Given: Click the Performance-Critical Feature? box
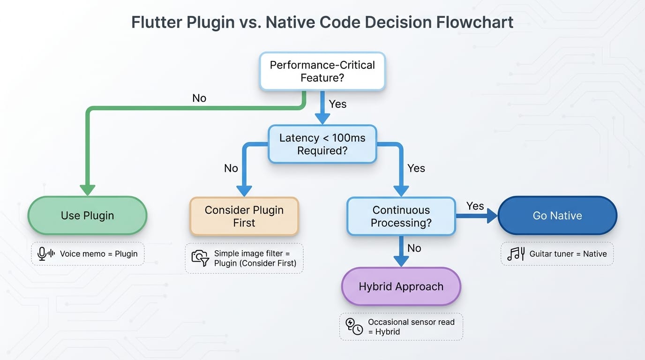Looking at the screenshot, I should (322, 71).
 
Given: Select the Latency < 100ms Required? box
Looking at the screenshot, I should (322, 144).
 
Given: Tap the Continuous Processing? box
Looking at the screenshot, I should (401, 216).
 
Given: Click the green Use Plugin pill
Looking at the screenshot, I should (87, 216).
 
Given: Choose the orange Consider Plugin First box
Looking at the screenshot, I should (244, 216).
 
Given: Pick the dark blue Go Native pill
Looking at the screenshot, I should (557, 216).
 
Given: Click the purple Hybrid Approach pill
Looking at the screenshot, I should (401, 286).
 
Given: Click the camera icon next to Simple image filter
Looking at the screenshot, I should (200, 258).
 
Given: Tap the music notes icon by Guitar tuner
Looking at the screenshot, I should (516, 254).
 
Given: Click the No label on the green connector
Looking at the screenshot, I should (199, 98).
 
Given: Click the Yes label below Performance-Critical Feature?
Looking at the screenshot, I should (337, 104).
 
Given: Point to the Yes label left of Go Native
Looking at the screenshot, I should (475, 206).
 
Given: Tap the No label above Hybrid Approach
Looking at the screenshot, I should (414, 248).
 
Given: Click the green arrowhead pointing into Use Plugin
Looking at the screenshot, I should (87, 189).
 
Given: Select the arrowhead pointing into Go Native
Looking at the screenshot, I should (492, 216).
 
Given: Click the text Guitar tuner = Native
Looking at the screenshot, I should (568, 254).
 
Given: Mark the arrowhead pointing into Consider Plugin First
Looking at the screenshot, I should (244, 190).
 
